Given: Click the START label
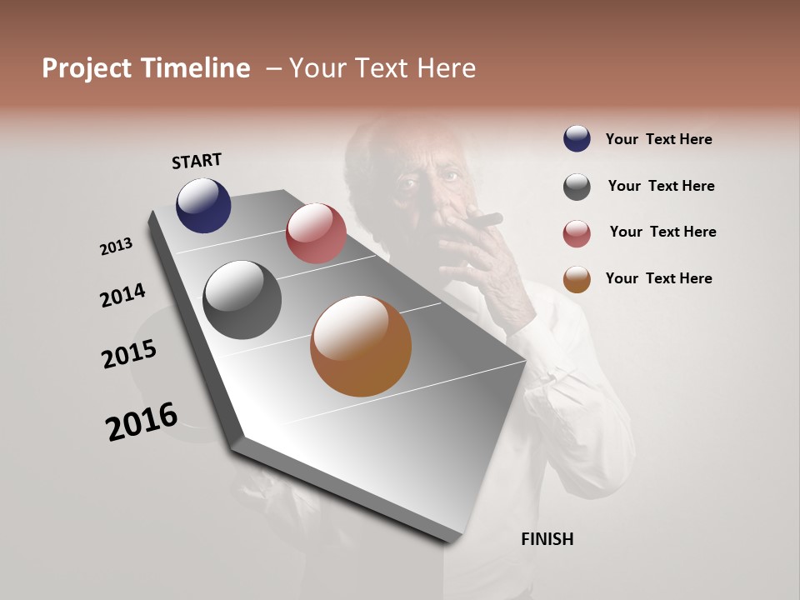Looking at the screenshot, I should (x=197, y=161).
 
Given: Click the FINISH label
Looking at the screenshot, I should (x=547, y=539).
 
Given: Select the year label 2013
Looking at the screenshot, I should (x=117, y=246).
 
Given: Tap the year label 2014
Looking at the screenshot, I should (x=122, y=295).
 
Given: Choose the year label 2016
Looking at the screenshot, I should (x=142, y=422).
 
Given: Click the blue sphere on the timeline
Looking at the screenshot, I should (x=203, y=205).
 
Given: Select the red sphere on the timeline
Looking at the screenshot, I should (x=316, y=233).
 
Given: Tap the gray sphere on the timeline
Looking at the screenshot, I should (x=242, y=300).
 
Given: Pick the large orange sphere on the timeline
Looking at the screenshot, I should (x=361, y=346).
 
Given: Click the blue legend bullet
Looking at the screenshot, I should (x=577, y=138).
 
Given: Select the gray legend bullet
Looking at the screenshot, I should (x=577, y=187).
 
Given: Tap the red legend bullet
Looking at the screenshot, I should (x=577, y=233).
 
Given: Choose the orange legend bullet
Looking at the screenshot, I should (x=577, y=279).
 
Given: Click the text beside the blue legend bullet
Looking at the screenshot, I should (x=658, y=139).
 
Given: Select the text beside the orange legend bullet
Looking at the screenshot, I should (x=658, y=278).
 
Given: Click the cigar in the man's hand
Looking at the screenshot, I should (x=483, y=221).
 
